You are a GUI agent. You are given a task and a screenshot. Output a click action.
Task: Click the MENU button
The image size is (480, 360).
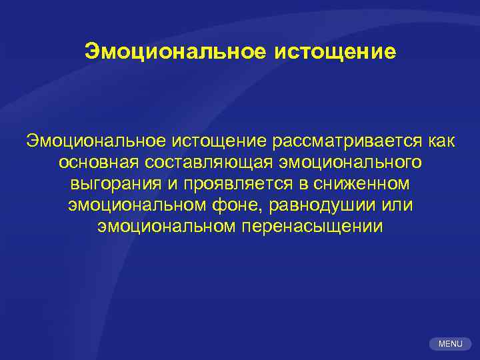(x=449, y=343)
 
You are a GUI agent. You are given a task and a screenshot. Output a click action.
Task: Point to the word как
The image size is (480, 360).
(x=440, y=141)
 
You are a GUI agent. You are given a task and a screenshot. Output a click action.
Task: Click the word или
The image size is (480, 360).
(x=399, y=205)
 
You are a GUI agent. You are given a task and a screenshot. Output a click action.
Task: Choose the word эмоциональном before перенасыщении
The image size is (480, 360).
(x=166, y=227)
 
